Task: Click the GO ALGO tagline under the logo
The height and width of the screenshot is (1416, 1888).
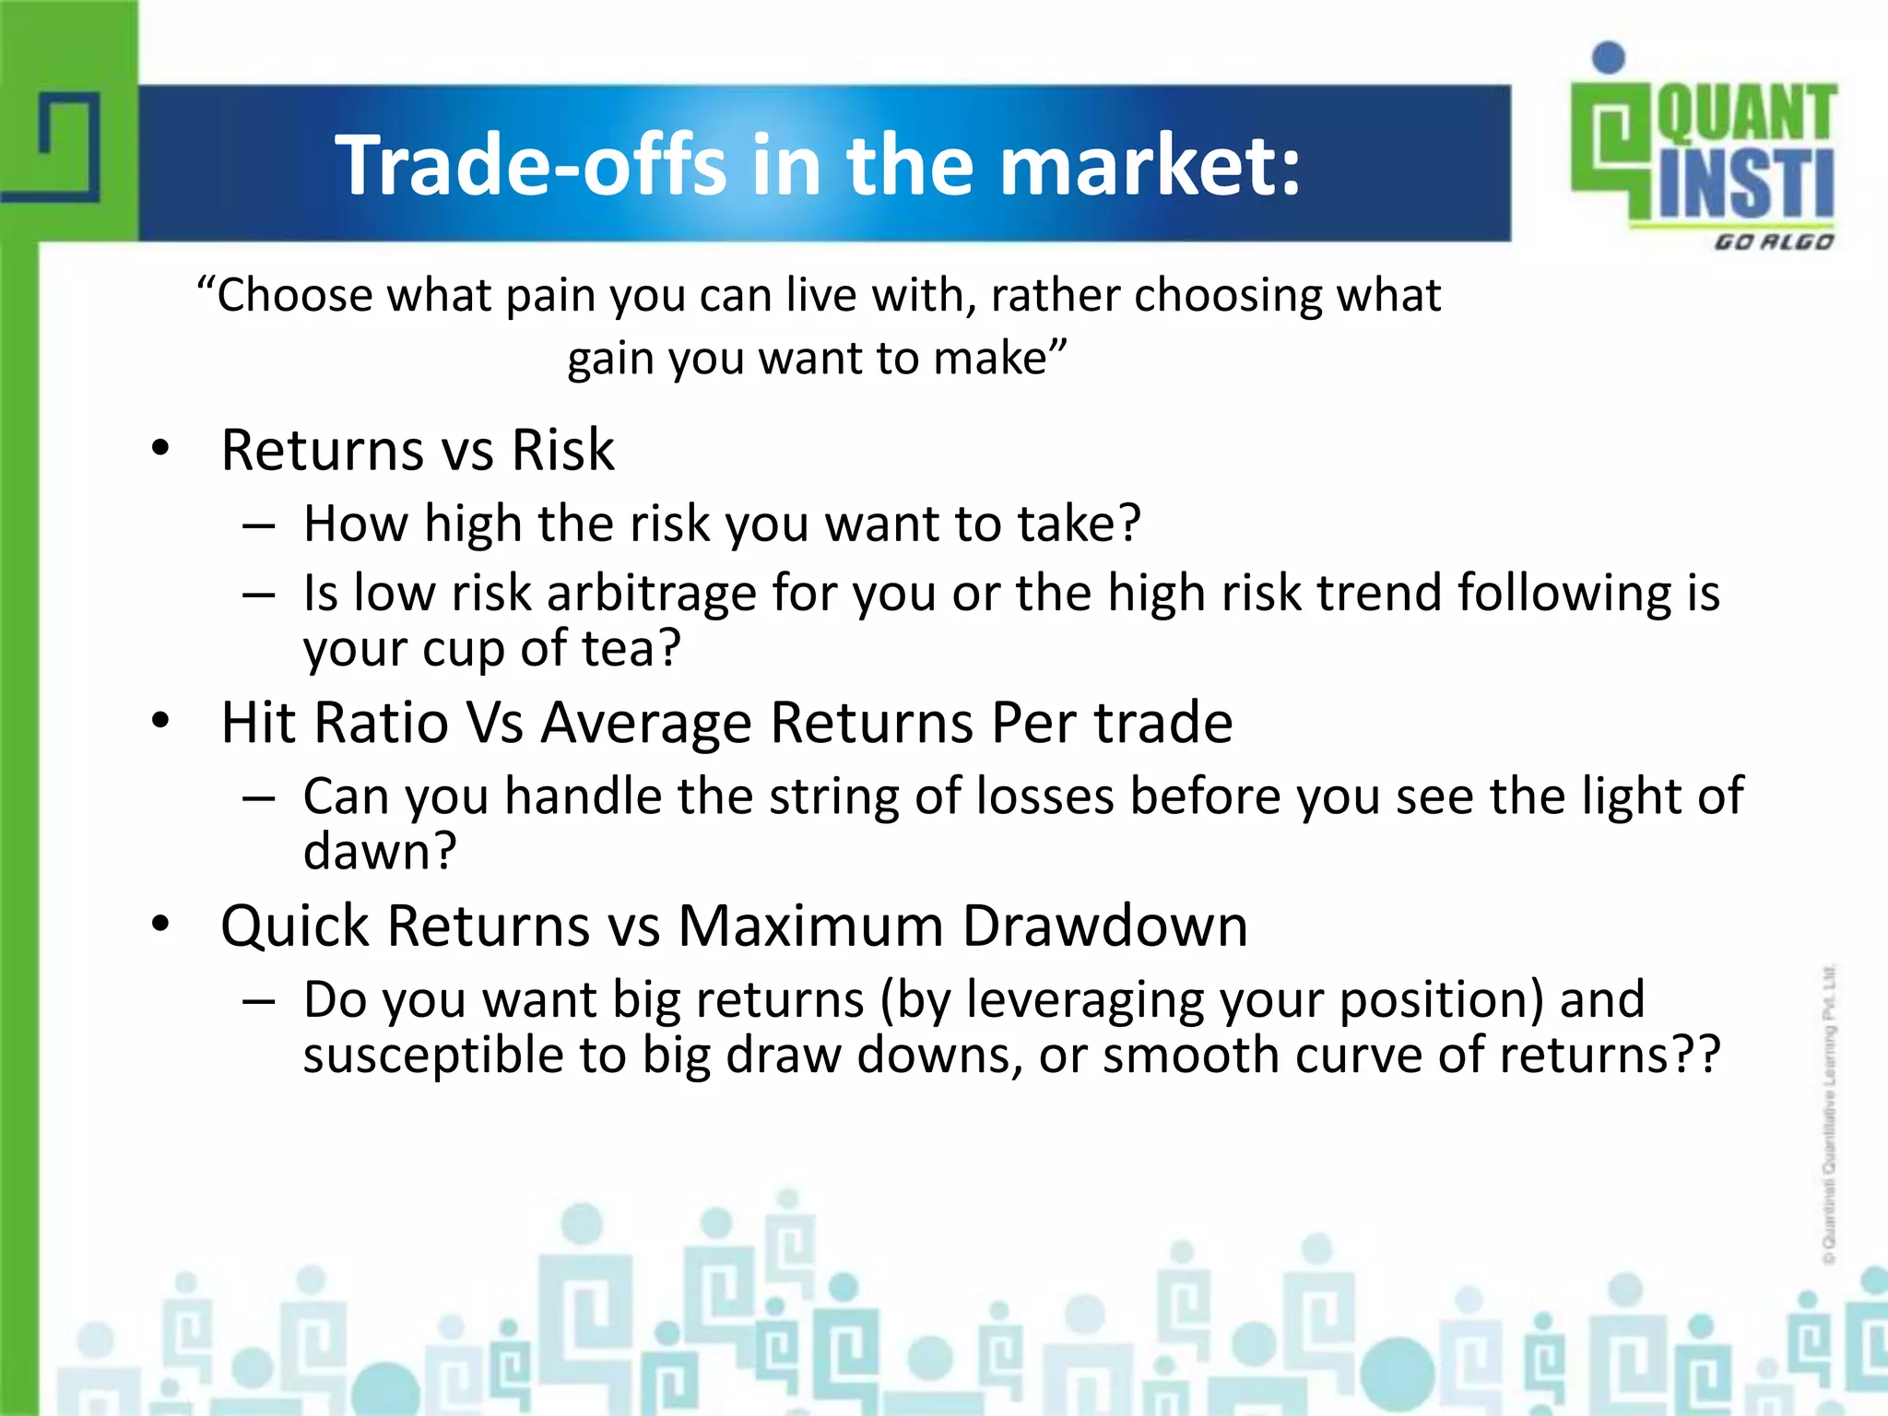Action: pos(1773,242)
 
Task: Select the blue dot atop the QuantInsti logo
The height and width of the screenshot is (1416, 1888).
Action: pos(1609,57)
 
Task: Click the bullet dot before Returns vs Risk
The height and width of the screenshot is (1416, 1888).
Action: pos(161,449)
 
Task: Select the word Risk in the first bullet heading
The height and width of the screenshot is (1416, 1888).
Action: pos(562,451)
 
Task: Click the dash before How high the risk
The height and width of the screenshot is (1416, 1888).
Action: pos(259,525)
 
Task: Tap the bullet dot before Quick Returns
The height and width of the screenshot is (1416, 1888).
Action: pos(161,925)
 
